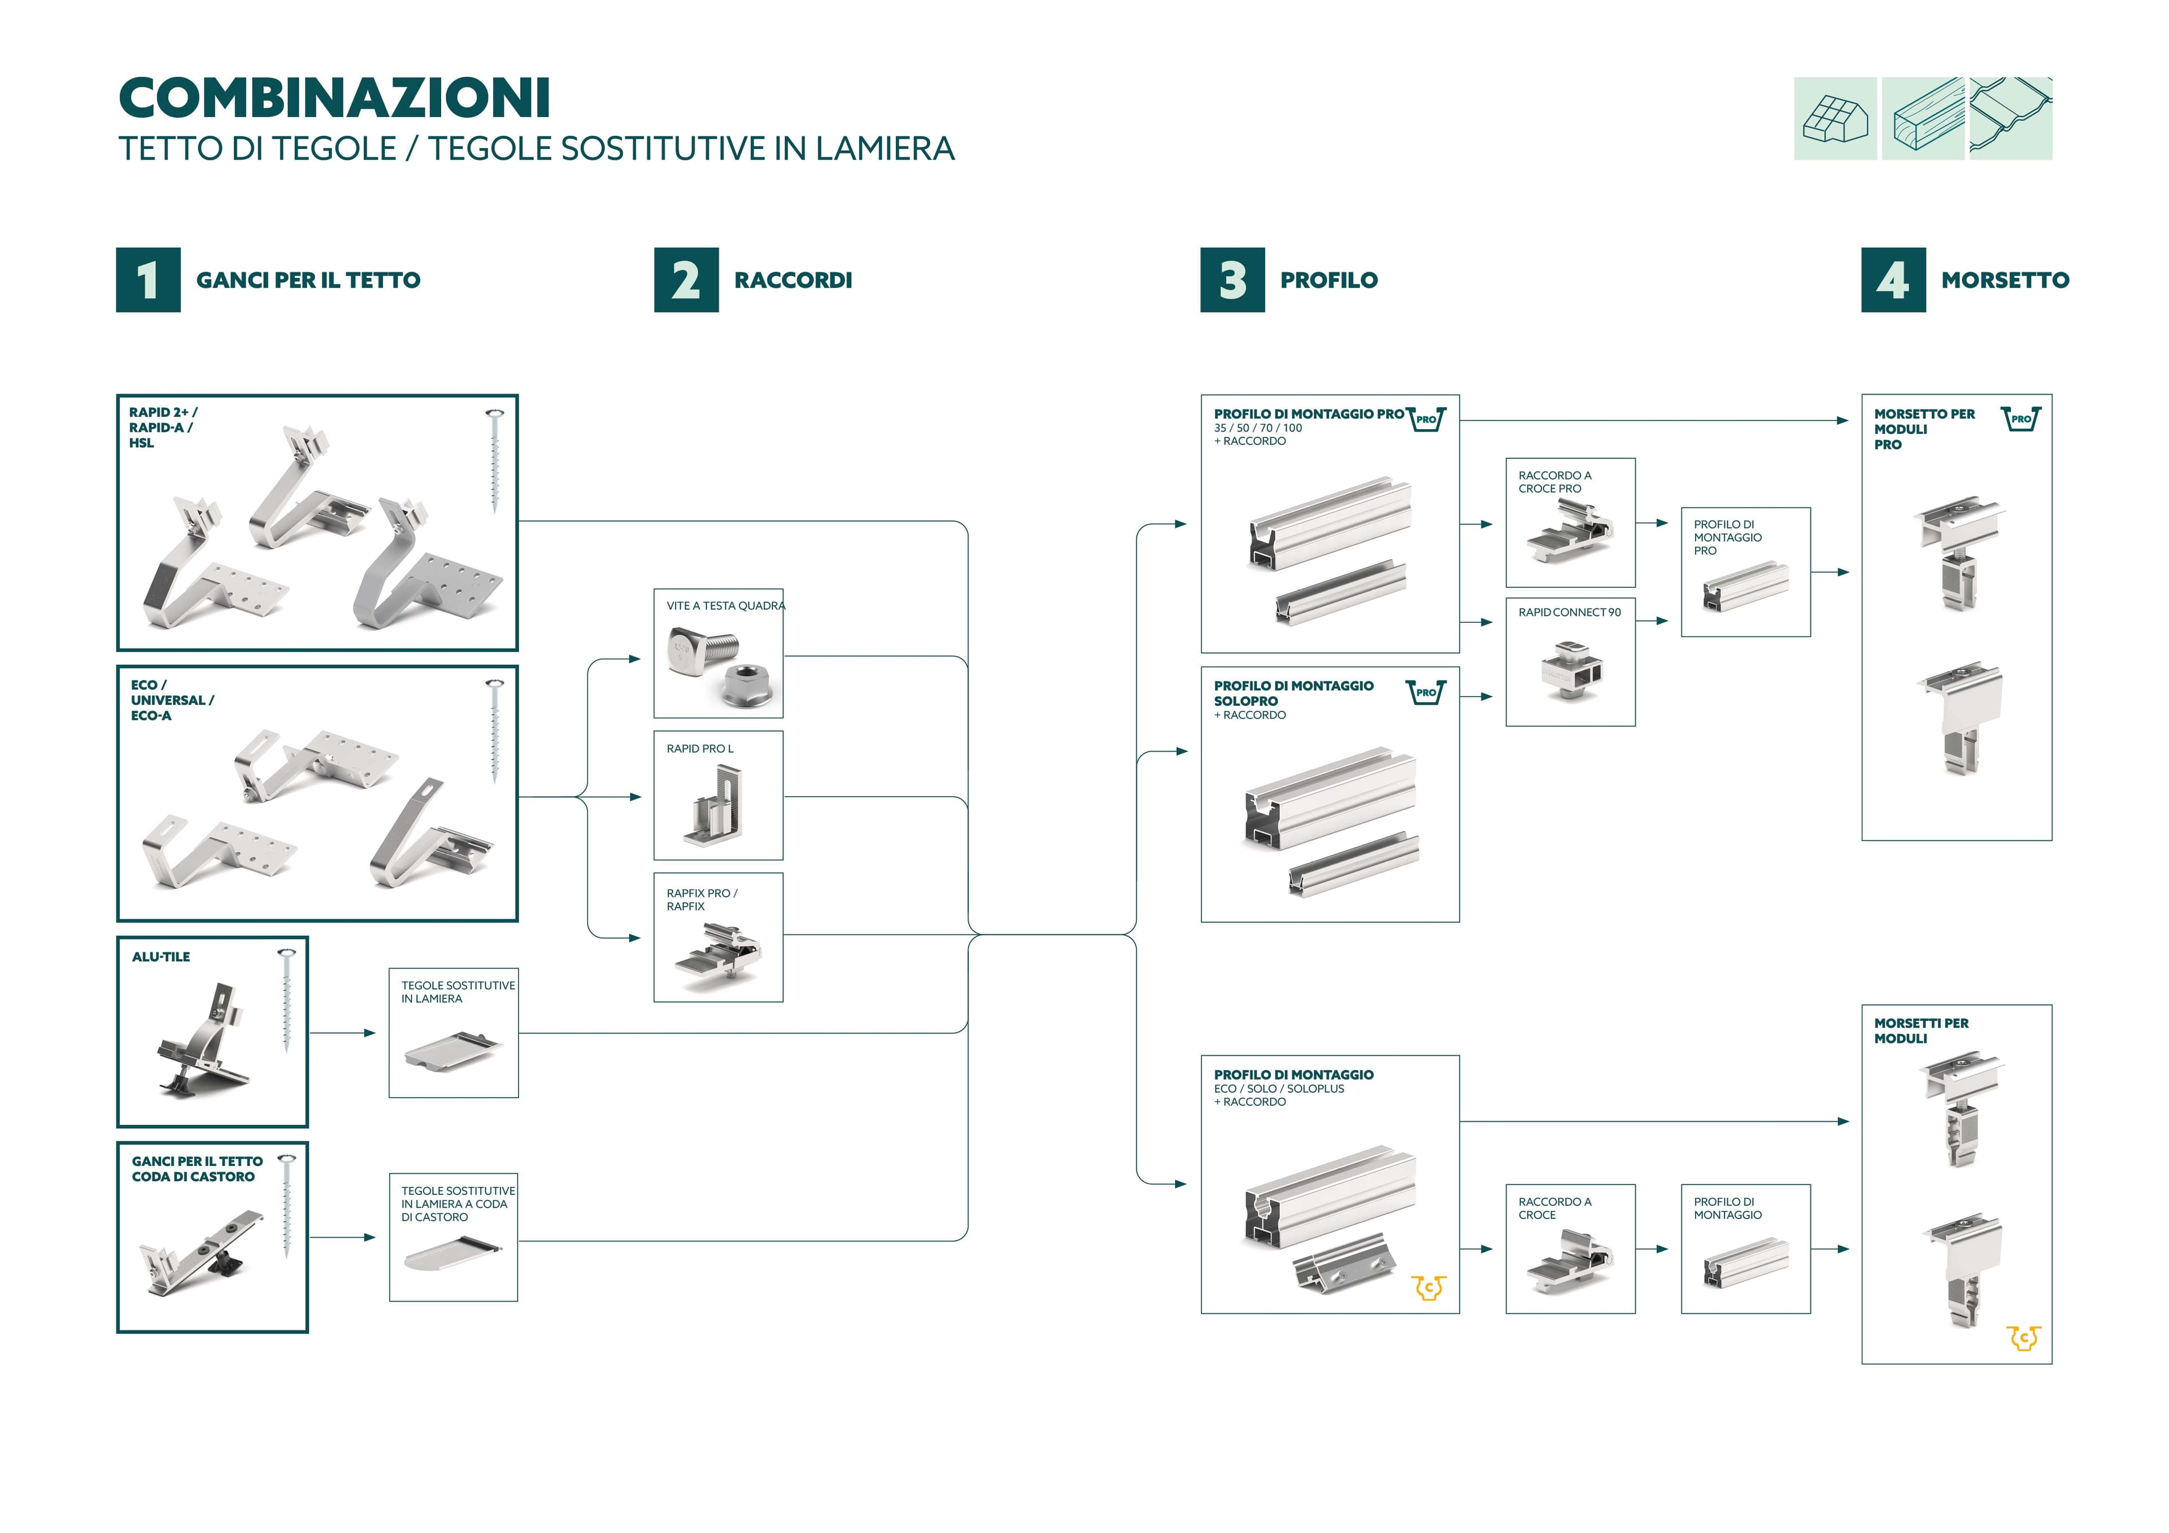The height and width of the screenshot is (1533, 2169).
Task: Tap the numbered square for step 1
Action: (x=149, y=279)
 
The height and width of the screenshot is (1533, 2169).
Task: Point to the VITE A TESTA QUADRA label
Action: (x=725, y=605)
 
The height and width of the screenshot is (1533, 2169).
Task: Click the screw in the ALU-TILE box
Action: (x=286, y=999)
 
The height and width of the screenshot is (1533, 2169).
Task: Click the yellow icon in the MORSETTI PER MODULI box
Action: (x=2023, y=1338)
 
